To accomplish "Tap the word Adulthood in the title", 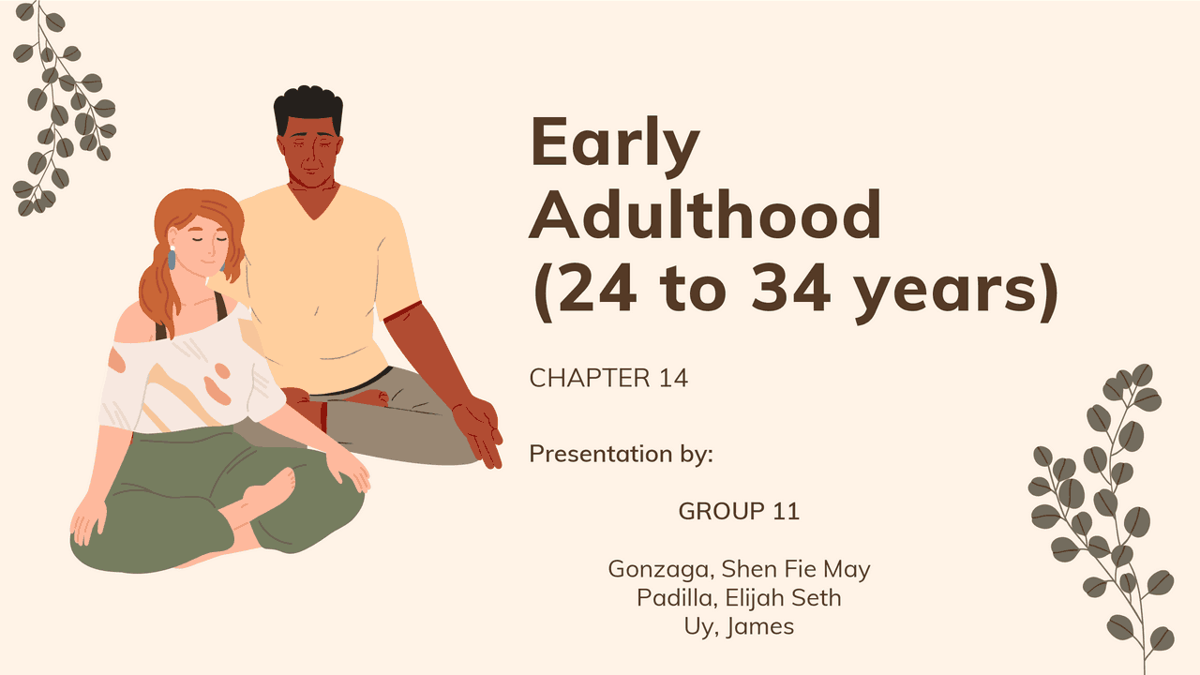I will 705,215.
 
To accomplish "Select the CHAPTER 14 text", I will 608,378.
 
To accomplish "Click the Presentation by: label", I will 622,454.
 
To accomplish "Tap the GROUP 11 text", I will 739,511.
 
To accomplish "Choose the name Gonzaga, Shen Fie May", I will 739,568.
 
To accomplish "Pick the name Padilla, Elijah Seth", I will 739,597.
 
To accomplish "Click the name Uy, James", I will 739,626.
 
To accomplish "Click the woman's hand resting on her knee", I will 347,469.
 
